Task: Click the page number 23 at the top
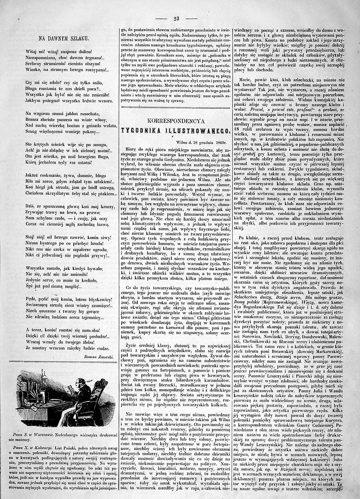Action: tap(176, 19)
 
